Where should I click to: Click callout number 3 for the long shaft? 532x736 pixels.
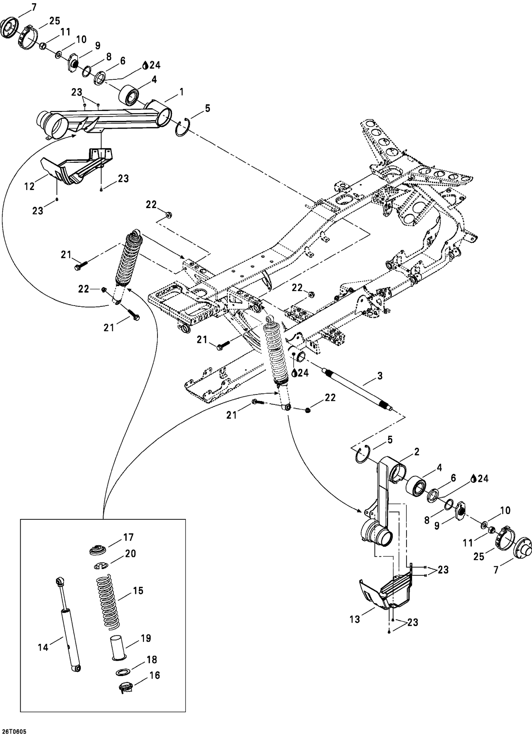pos(380,376)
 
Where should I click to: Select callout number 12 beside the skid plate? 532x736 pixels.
pos(29,186)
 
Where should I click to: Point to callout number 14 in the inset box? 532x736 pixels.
pos(43,647)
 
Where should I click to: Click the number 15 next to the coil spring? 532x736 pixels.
pos(138,591)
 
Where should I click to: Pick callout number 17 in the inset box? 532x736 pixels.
pos(128,537)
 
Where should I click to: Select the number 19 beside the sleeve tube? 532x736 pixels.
pos(146,638)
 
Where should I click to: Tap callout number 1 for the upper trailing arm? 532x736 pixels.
pos(182,92)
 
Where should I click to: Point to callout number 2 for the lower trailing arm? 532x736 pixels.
pos(416,452)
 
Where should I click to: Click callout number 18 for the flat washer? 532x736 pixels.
pos(152,659)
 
